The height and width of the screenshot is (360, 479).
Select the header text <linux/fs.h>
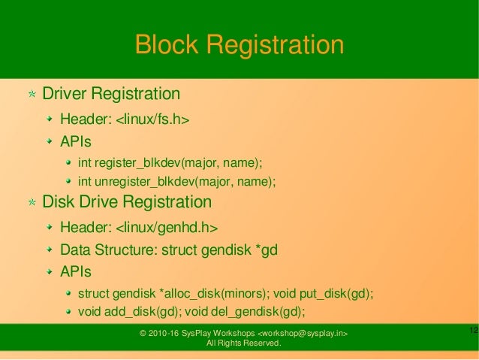151,119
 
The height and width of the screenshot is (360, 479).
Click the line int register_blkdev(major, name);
172,162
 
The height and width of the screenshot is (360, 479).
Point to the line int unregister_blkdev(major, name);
178,181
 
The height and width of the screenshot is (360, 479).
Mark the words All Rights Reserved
243,343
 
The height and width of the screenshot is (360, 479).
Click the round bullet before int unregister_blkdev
69,181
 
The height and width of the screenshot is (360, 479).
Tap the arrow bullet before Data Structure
50,249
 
